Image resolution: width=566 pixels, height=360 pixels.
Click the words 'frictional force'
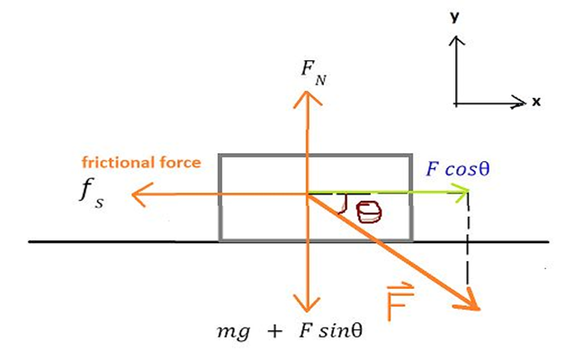(140, 163)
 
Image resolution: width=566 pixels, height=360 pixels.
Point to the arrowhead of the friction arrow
(136, 192)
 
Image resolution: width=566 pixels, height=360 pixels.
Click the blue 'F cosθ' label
(459, 169)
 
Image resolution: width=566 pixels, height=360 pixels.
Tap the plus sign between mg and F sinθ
(271, 330)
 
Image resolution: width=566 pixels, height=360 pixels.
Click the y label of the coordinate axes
(457, 16)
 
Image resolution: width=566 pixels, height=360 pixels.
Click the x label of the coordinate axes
(536, 102)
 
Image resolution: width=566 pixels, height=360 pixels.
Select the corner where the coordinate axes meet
(457, 103)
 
